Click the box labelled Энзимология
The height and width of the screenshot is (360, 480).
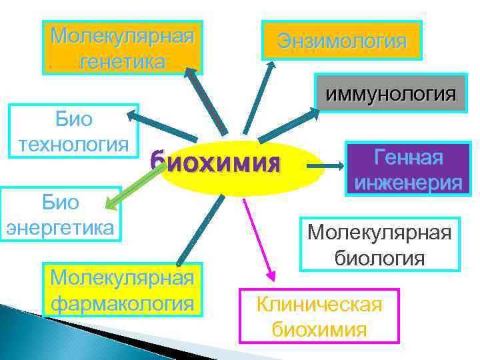[343, 40]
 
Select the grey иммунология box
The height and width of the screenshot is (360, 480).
[391, 93]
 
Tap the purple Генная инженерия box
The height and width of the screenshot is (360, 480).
[409, 169]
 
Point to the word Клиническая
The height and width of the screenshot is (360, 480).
[319, 305]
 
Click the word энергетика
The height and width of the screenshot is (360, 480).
[61, 227]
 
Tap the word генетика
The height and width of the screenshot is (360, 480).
[122, 62]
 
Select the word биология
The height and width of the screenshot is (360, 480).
[379, 257]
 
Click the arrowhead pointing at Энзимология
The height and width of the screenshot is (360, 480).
[271, 67]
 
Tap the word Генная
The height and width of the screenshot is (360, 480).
[409, 157]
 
